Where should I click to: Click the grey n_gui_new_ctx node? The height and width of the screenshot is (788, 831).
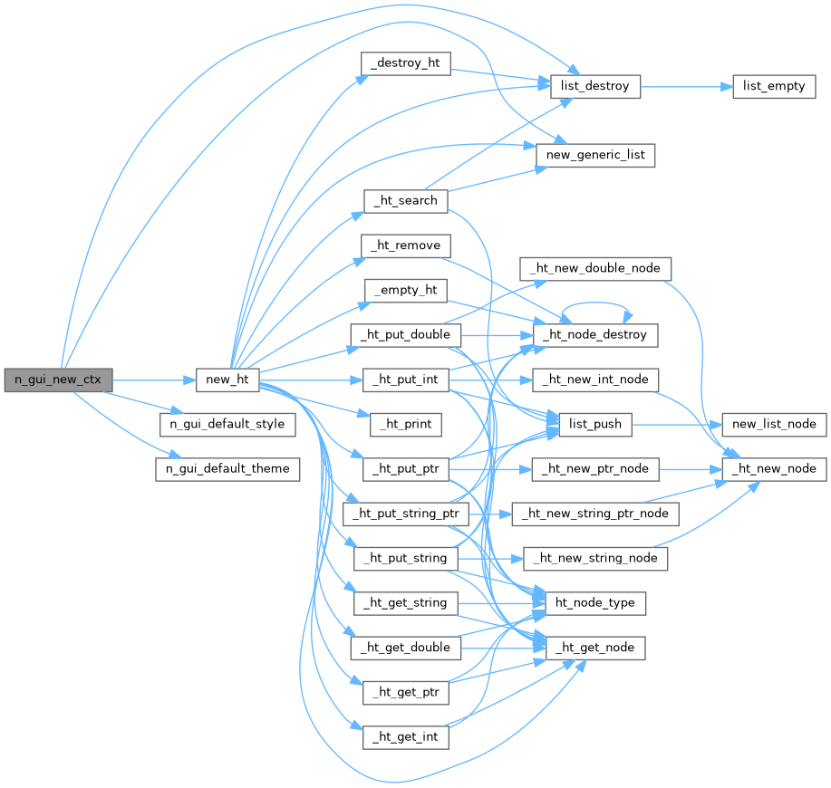58,380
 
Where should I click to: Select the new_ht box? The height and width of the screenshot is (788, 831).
227,380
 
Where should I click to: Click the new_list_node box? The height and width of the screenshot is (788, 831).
774,423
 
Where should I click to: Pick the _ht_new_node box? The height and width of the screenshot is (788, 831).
774,469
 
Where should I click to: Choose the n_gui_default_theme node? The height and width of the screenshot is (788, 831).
227,469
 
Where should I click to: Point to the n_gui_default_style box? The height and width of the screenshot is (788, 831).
227,423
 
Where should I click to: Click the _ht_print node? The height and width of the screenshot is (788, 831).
405,423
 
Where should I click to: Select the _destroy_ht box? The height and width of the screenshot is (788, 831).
405,64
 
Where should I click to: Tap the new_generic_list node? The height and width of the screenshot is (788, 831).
595,155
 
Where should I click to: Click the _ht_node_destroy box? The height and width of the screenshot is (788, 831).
595,334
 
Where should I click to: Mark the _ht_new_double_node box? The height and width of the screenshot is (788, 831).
595,268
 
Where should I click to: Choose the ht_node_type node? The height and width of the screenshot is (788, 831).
595,603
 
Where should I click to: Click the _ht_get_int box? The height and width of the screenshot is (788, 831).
405,736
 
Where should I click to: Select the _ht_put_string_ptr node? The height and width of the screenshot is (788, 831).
405,514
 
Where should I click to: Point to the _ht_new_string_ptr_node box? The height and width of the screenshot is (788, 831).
595,514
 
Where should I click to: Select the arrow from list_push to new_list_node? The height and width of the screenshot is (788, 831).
675,423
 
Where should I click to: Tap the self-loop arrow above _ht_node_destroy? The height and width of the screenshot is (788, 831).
595,305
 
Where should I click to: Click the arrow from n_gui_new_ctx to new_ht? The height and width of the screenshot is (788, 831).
154,380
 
